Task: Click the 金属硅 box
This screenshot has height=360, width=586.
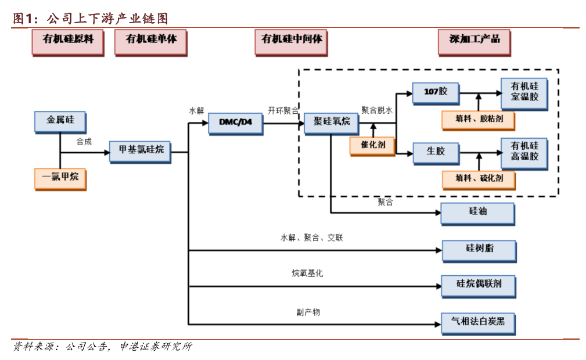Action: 60,121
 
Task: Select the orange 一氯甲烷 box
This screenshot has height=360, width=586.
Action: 60,177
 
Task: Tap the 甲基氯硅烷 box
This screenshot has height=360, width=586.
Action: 141,150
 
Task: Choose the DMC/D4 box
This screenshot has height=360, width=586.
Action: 235,122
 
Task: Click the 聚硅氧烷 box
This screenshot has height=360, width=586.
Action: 332,122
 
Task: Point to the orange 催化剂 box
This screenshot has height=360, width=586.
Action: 372,145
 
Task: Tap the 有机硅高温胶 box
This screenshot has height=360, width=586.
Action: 524,152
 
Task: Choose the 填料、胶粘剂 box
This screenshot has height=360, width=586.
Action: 479,119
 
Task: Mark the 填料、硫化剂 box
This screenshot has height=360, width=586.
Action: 479,178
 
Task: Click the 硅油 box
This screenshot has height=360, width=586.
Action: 478,213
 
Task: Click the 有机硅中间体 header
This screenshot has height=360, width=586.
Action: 292,40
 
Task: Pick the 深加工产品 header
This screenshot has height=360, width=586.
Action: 474,40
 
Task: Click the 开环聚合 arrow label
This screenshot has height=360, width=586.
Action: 283,110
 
